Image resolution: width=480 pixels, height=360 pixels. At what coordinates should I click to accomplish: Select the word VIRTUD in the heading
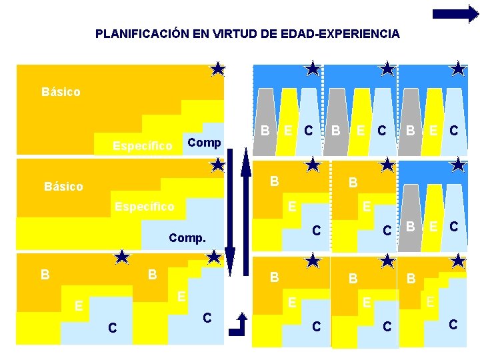(x=242, y=33)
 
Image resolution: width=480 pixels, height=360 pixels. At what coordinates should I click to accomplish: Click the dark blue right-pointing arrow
(x=455, y=14)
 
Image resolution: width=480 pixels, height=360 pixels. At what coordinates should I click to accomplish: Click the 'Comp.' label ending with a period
(x=187, y=237)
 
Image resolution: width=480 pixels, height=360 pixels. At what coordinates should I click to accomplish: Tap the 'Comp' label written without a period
(x=204, y=143)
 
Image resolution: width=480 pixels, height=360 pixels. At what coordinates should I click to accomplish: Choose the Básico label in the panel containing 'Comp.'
(x=63, y=187)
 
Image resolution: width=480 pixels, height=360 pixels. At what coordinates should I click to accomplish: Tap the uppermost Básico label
(x=61, y=91)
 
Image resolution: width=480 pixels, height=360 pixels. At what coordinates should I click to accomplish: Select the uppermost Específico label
(x=143, y=145)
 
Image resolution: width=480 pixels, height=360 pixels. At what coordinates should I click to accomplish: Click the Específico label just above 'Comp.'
(x=143, y=207)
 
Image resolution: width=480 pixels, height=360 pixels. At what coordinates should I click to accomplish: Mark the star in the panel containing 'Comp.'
(x=217, y=164)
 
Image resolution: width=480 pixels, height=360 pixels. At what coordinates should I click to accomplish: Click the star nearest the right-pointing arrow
(x=458, y=68)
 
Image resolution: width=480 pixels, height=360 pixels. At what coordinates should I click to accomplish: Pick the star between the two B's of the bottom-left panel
(x=122, y=256)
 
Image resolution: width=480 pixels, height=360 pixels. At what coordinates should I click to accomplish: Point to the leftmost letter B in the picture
(x=44, y=274)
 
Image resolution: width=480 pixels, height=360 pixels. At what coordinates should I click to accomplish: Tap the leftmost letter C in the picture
(x=113, y=327)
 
